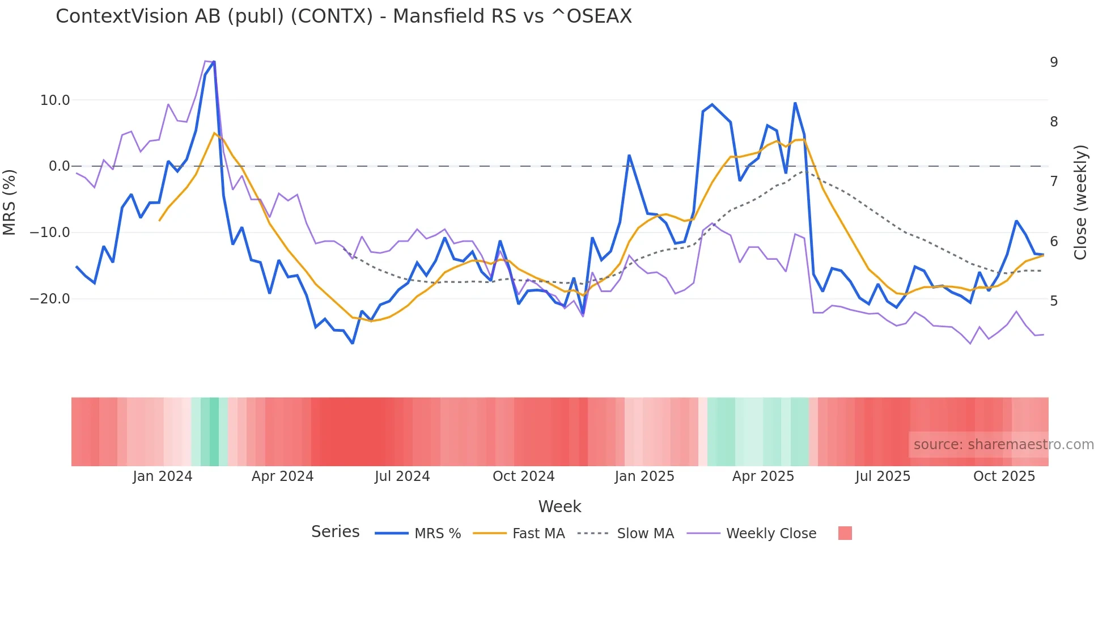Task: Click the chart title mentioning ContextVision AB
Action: pyautogui.click(x=344, y=16)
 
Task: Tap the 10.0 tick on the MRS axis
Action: pyautogui.click(x=54, y=100)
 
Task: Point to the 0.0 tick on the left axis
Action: pyautogui.click(x=59, y=166)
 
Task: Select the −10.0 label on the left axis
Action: pyautogui.click(x=50, y=233)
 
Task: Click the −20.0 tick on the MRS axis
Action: pyautogui.click(x=50, y=299)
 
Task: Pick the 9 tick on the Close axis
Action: pyautogui.click(x=1054, y=62)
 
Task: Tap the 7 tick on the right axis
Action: pyautogui.click(x=1054, y=181)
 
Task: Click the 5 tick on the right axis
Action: pyautogui.click(x=1054, y=301)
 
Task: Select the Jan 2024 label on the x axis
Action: pyautogui.click(x=163, y=476)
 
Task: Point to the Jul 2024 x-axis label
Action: pyautogui.click(x=402, y=476)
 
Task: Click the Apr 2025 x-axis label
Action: pyautogui.click(x=763, y=476)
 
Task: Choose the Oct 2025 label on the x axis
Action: pyautogui.click(x=1004, y=476)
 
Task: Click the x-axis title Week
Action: pyautogui.click(x=559, y=506)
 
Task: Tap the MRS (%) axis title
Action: pyautogui.click(x=10, y=202)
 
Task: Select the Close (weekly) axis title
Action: pyautogui.click(x=1080, y=202)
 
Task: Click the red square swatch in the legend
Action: pyautogui.click(x=845, y=533)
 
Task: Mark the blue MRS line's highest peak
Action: pyautogui.click(x=214, y=61)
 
